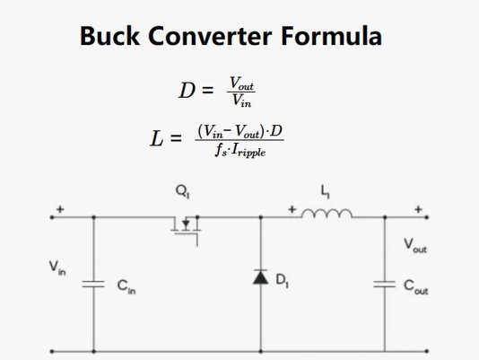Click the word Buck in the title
tap(110, 36)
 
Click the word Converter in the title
tap(210, 36)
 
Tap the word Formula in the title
tap(331, 36)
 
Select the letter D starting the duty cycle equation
tap(187, 91)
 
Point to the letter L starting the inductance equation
tap(157, 138)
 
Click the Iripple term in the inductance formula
tap(248, 151)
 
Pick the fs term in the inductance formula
tap(221, 150)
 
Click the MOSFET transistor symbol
tap(186, 229)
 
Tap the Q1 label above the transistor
tap(183, 192)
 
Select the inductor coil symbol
tap(327, 213)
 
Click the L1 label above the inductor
tap(325, 192)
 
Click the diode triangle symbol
tap(260, 277)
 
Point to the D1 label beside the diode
tap(283, 280)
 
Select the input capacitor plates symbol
tap(93, 285)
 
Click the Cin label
tap(126, 287)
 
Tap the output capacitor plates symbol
tap(385, 285)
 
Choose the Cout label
tap(416, 287)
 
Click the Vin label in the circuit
tap(57, 268)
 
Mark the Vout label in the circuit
tap(415, 246)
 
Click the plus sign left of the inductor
tap(292, 209)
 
